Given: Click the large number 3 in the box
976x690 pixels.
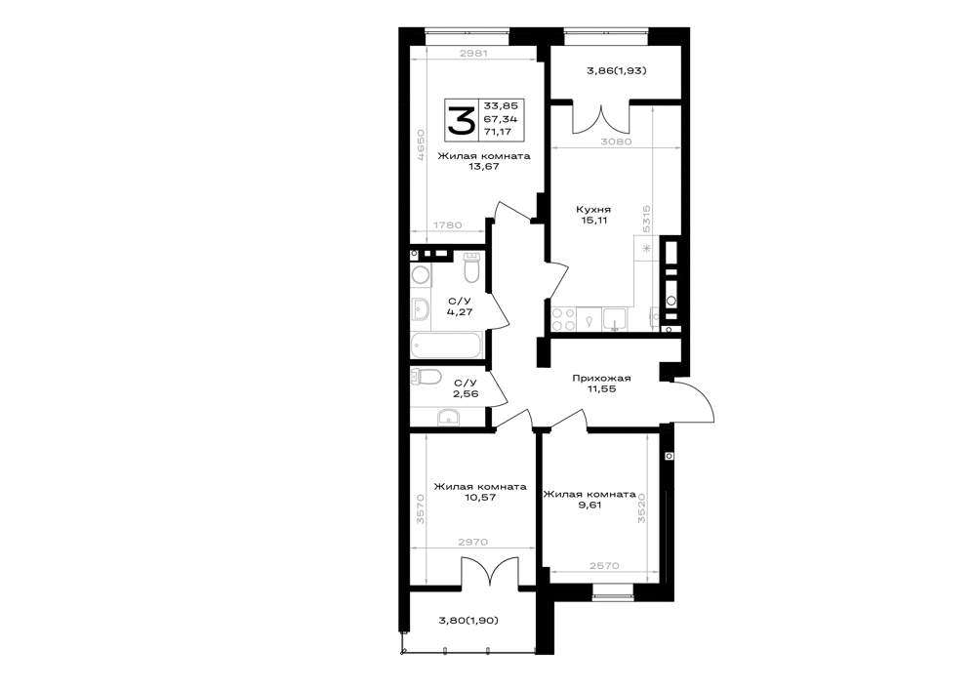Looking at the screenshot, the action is [462, 120].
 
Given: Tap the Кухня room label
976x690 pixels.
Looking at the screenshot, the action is [593, 210].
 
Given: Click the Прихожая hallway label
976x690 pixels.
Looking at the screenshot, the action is [602, 379].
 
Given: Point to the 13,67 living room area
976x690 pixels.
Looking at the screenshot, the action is [485, 166].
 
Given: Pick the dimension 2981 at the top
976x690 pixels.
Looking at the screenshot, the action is [473, 54].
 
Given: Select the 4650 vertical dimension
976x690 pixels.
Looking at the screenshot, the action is [422, 145].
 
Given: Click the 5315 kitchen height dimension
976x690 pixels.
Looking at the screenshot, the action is [647, 219].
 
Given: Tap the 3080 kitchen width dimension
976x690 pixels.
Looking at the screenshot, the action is [616, 142].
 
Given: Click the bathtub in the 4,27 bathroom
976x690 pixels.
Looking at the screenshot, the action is [446, 345].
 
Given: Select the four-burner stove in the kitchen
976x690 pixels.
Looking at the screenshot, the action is [564, 319].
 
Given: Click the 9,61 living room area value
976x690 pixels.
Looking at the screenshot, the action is [590, 506].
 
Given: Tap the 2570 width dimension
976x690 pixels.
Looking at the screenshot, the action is [604, 565].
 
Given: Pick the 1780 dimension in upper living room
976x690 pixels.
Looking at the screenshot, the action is [447, 225].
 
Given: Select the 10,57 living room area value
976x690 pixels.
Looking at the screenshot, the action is [480, 497].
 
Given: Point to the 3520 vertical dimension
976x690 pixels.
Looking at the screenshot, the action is [642, 508].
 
